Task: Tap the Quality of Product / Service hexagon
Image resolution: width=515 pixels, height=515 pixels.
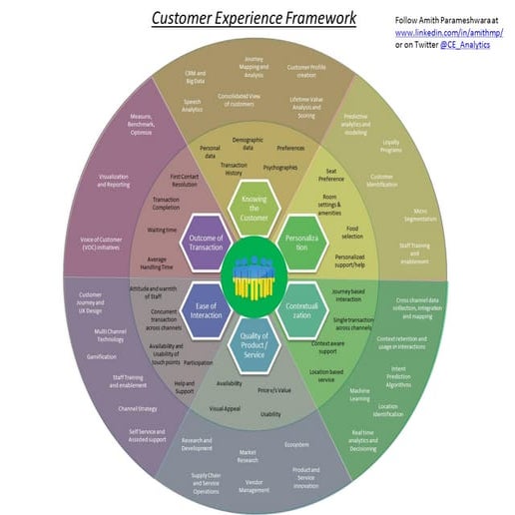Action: click(256, 344)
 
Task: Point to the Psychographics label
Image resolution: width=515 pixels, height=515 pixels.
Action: click(279, 168)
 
